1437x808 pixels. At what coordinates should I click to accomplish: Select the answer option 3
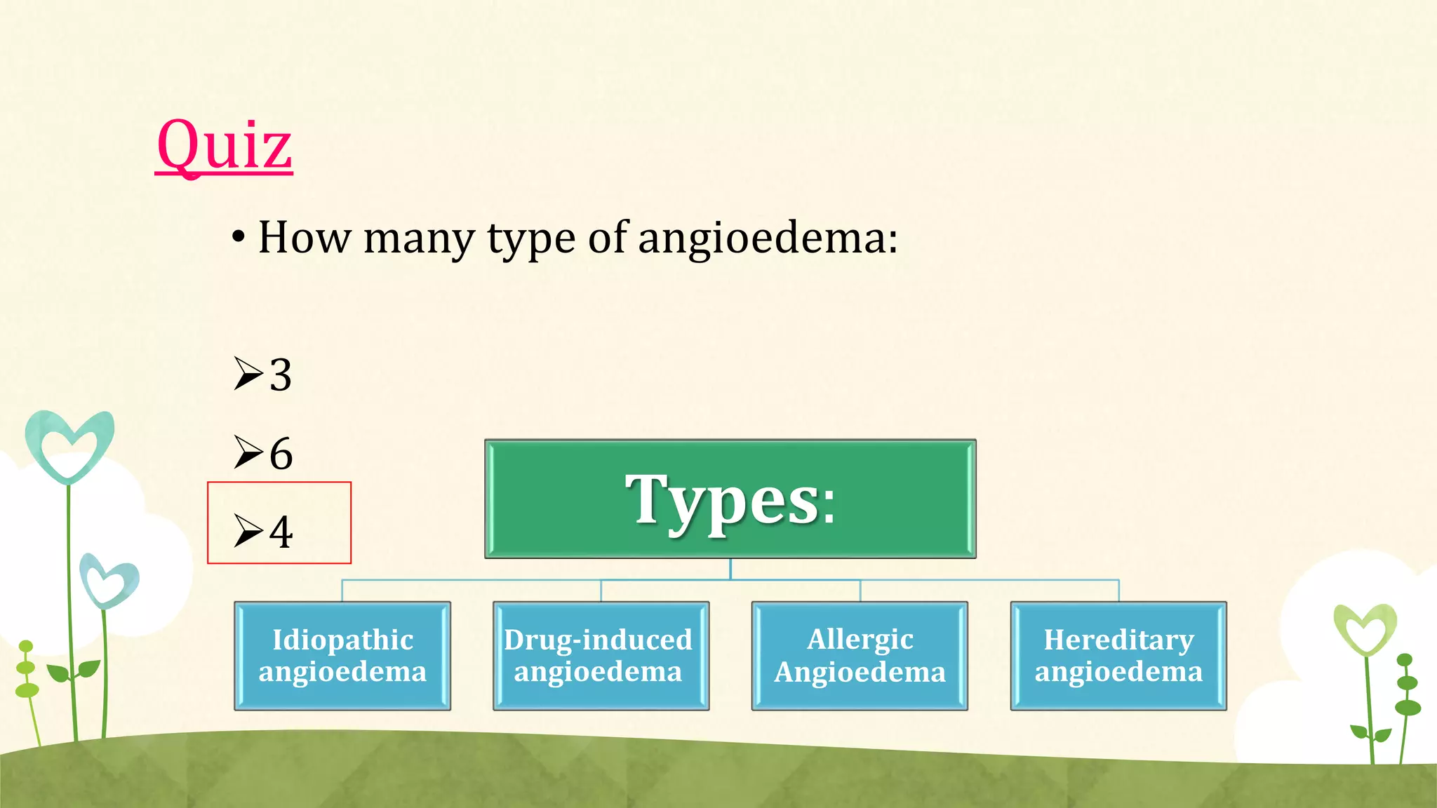281,375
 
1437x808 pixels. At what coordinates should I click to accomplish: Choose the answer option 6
281,453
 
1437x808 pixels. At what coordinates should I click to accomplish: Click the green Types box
730,499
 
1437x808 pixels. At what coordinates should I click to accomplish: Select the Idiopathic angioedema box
342,656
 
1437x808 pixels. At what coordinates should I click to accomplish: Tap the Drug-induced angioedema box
601,656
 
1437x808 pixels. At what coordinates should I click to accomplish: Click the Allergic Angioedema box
860,656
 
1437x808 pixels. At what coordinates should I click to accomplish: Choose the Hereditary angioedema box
1118,656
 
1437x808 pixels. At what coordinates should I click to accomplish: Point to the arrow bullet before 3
248,373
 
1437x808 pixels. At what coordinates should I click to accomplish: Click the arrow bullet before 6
248,452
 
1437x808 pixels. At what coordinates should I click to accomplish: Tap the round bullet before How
239,238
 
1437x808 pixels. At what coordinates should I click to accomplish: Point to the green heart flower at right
1365,628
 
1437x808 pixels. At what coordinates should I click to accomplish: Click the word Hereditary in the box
1118,640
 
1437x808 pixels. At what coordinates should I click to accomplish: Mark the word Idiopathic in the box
342,640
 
